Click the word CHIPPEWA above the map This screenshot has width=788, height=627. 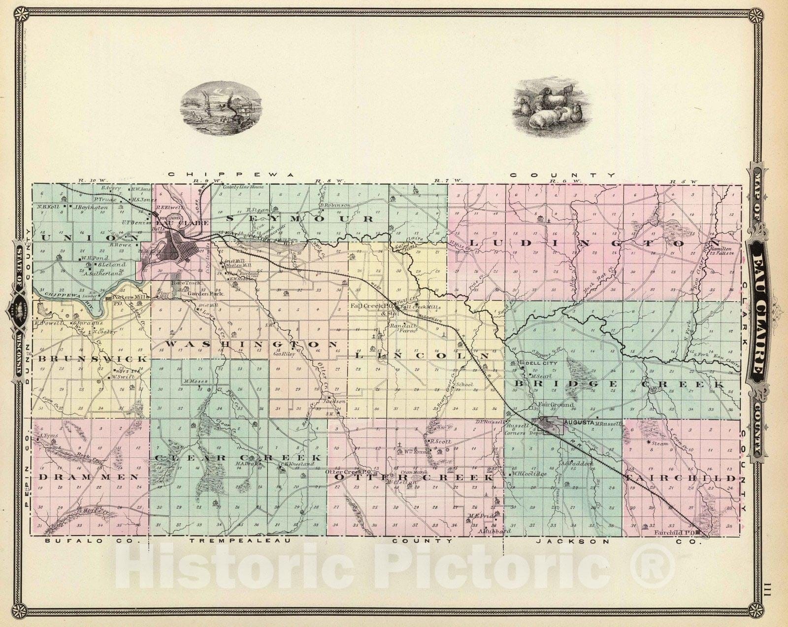[202, 174]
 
